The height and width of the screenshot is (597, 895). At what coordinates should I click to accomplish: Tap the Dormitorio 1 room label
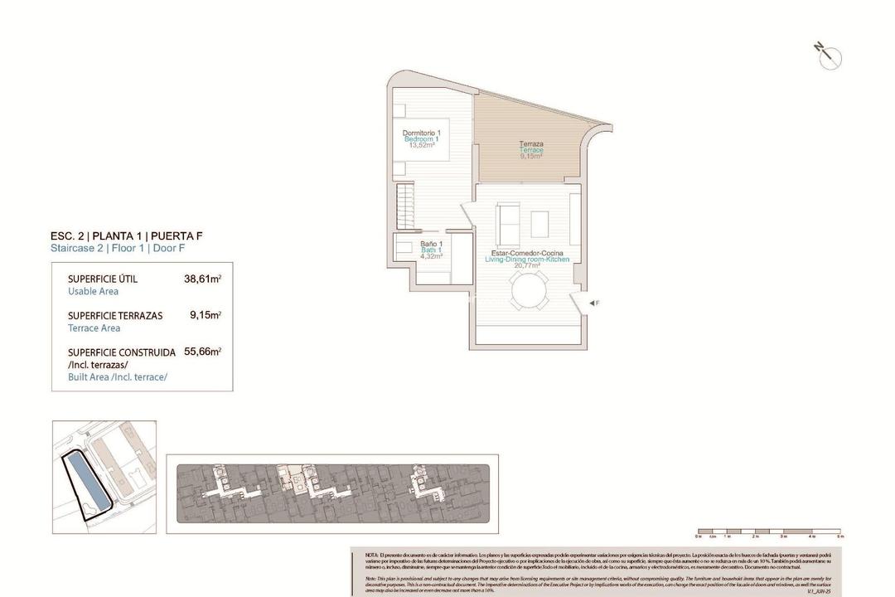pyautogui.click(x=421, y=133)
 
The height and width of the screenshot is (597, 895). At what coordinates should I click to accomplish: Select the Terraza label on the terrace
pyautogui.click(x=531, y=143)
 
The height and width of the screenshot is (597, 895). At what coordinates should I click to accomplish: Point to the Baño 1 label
pyautogui.click(x=431, y=243)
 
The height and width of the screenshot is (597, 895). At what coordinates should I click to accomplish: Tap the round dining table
pyautogui.click(x=528, y=291)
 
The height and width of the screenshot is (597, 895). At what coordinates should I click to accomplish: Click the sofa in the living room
pyautogui.click(x=506, y=221)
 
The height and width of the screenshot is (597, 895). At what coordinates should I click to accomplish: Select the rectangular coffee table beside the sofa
pyautogui.click(x=539, y=223)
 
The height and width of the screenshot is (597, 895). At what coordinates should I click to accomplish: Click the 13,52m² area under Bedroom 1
pyautogui.click(x=421, y=145)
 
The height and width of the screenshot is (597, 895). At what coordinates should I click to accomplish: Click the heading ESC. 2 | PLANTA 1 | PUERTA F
pyautogui.click(x=127, y=235)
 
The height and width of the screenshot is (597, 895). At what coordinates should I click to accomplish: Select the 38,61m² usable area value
pyautogui.click(x=202, y=279)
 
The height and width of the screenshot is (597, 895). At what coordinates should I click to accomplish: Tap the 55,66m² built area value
pyautogui.click(x=202, y=352)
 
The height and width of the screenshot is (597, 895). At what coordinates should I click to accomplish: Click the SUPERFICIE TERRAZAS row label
pyautogui.click(x=115, y=316)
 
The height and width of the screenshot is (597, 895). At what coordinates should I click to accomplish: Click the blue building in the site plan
pyautogui.click(x=86, y=482)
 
